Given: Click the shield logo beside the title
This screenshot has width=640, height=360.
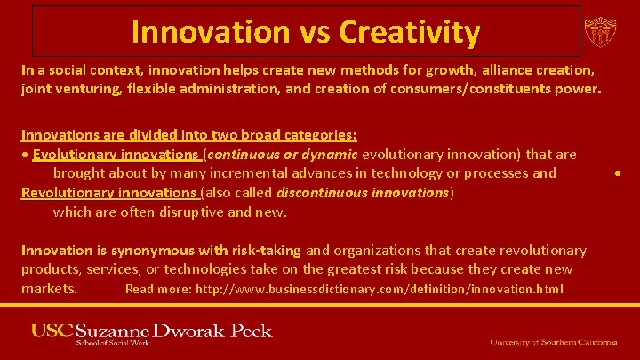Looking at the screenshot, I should pos(600,32).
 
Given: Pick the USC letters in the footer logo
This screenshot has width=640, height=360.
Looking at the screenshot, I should pos(51,332).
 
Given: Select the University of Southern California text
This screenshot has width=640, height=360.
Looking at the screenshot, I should pos(553,341).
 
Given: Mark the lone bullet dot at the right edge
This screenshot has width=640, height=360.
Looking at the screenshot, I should pos(617,173).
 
